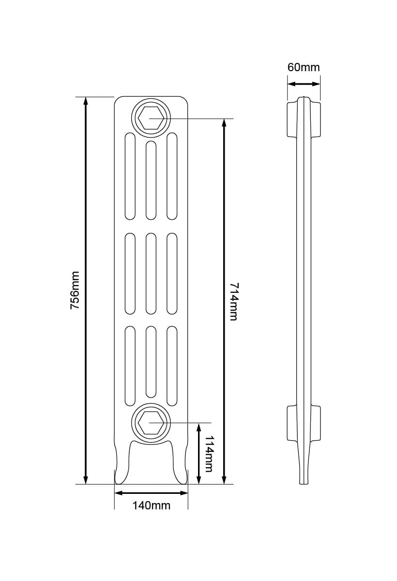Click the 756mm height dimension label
[x=75, y=290]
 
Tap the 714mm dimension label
[x=233, y=301]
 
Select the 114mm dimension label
[x=209, y=454]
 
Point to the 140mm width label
[x=151, y=505]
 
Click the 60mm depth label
[x=304, y=67]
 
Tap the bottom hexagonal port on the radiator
[x=150, y=423]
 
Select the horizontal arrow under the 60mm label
[x=304, y=84]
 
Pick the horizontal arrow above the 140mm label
[x=151, y=493]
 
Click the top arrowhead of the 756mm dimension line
[x=86, y=101]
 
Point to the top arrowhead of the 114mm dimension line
[x=198, y=427]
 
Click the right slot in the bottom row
[x=172, y=367]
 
